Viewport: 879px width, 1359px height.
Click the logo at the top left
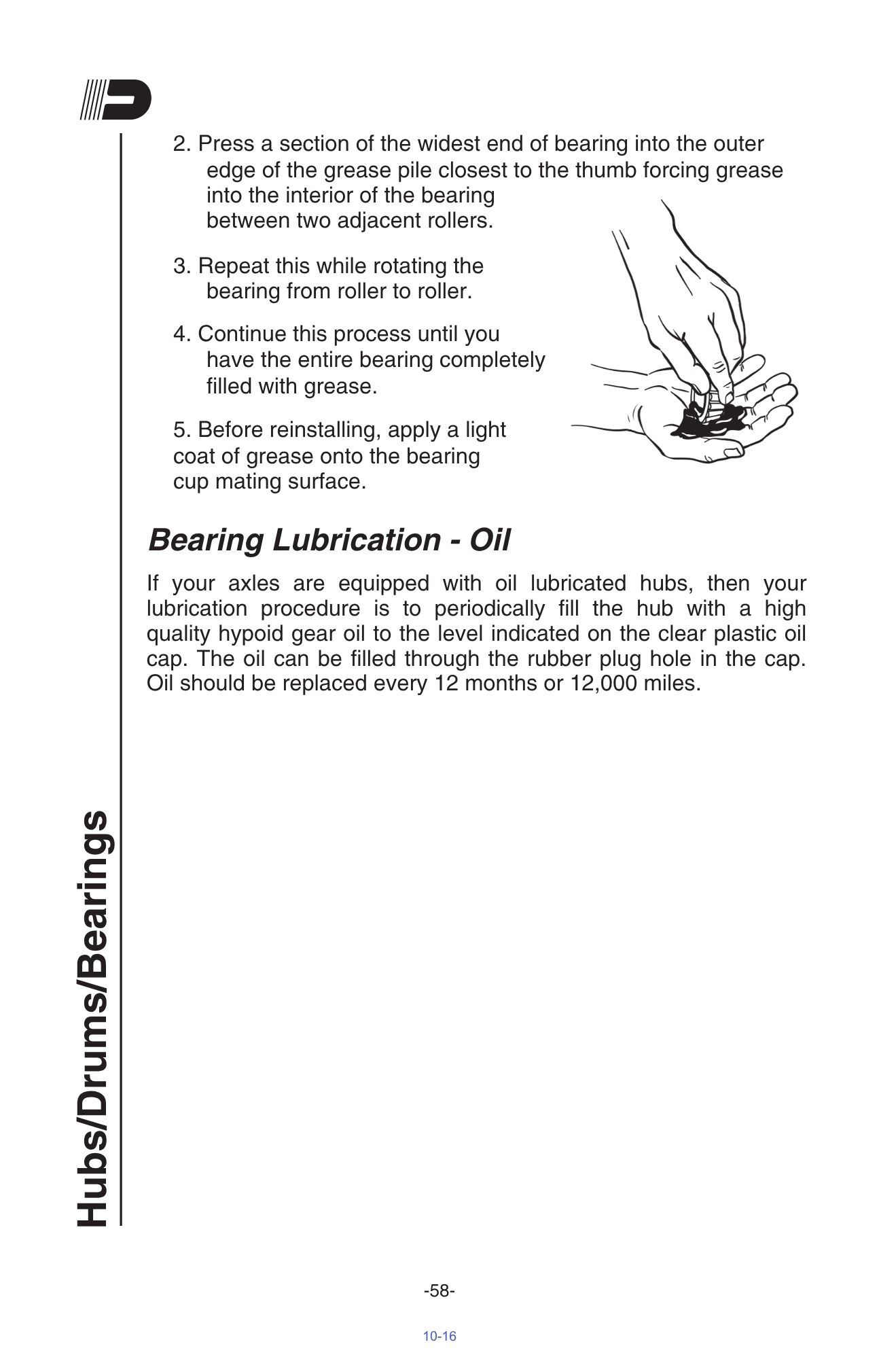(x=115, y=101)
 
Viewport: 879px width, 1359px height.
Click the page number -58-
(x=439, y=1290)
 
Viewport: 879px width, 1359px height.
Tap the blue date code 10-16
(x=439, y=1336)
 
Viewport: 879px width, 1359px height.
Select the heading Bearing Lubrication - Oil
(x=329, y=540)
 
